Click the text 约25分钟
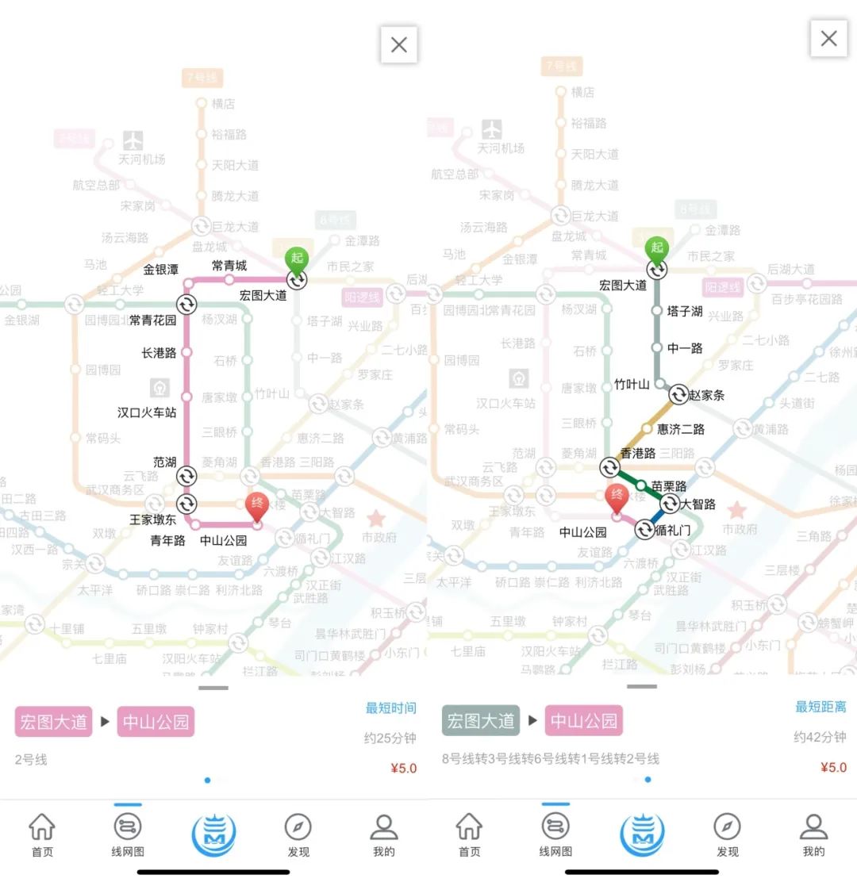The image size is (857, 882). tap(390, 738)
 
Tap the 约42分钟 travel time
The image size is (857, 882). tap(820, 737)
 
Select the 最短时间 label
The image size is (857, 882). tap(390, 708)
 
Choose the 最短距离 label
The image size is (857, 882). tap(820, 707)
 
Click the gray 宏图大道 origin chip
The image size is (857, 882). tap(481, 721)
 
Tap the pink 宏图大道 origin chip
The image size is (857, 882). tap(52, 723)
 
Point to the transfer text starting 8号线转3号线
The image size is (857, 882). tap(550, 759)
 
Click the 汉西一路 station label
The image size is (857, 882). tap(34, 549)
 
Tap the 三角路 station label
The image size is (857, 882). tap(815, 536)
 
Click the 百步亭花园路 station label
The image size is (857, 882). tap(806, 299)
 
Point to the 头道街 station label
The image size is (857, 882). tap(797, 403)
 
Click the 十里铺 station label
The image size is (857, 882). tap(67, 628)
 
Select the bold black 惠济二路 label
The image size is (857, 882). tap(681, 429)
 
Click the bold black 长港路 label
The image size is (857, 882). tap(159, 353)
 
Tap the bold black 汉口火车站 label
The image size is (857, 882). tap(147, 412)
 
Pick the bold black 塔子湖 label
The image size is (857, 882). tap(686, 311)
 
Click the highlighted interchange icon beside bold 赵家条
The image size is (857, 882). tap(678, 394)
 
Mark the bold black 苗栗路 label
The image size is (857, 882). tap(668, 485)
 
